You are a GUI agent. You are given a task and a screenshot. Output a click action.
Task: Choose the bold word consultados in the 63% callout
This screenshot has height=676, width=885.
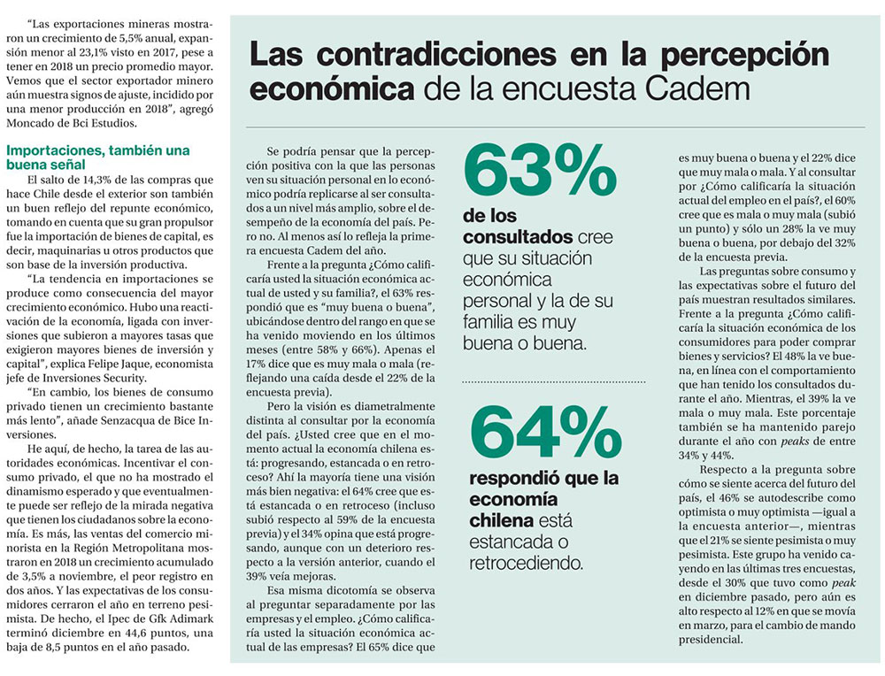pyautogui.click(x=517, y=238)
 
